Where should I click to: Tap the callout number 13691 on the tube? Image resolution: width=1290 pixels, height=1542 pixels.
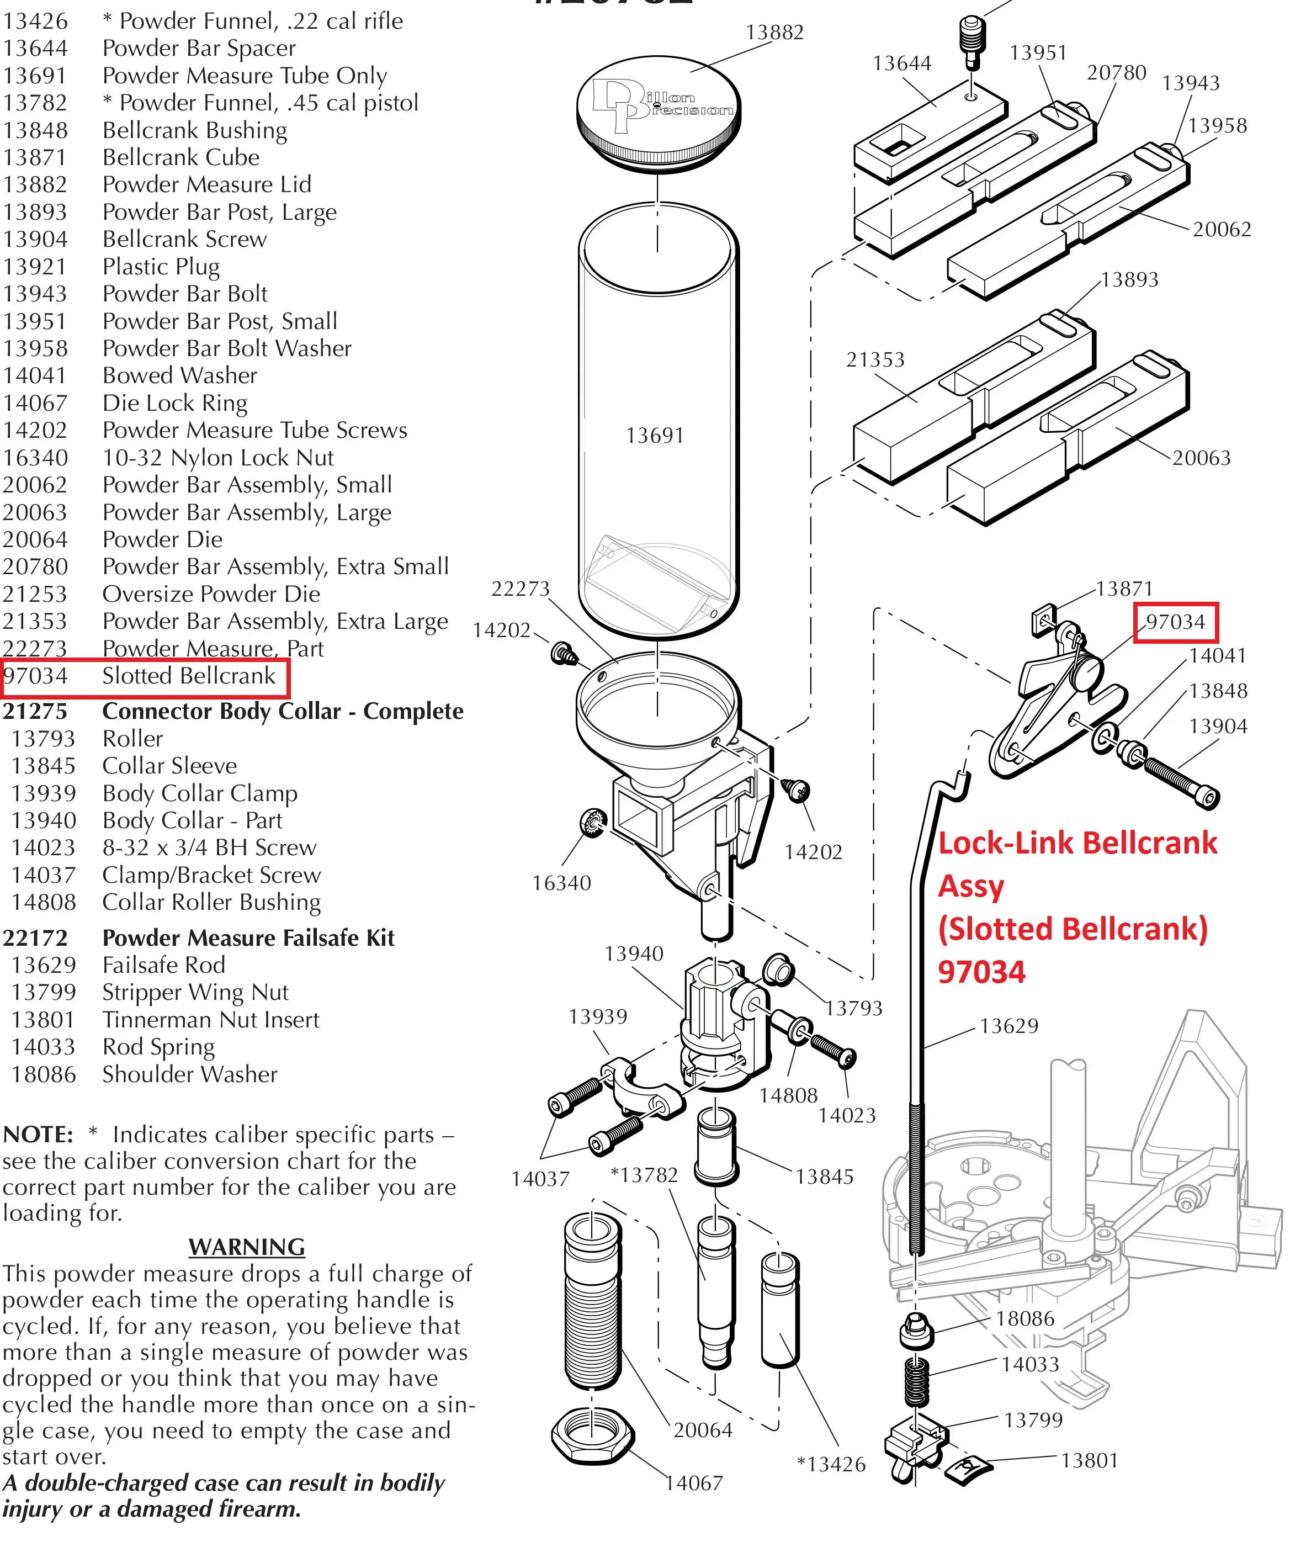click(654, 436)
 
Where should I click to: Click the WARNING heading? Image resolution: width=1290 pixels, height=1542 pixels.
click(247, 1247)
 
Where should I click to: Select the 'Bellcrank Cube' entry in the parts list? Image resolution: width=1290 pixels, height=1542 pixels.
click(181, 157)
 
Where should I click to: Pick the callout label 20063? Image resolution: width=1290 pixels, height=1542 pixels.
click(1201, 458)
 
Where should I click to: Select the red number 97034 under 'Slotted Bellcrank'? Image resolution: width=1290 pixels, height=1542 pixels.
click(981, 972)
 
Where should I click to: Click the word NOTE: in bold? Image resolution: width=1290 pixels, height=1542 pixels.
click(38, 1135)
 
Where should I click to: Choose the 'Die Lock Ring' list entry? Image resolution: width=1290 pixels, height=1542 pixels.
click(175, 403)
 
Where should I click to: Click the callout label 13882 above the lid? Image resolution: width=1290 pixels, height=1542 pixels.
click(774, 33)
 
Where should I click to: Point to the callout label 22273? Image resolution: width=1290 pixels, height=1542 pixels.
click(520, 589)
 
